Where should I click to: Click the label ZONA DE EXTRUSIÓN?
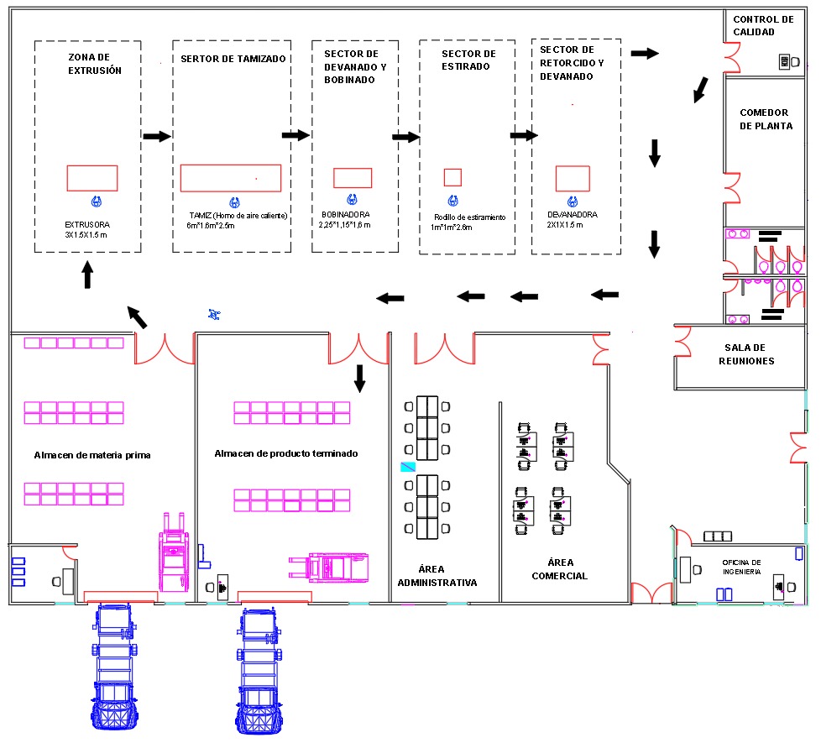pos(95,64)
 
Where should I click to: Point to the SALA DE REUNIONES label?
pos(746,354)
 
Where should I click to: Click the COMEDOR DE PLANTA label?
pos(766,119)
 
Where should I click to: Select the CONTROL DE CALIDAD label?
pos(763,26)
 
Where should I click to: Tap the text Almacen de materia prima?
pos(92,455)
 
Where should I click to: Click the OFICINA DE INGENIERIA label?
pos(741,567)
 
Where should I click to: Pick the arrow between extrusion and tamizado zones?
pos(157,136)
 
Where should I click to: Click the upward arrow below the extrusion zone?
pos(88,275)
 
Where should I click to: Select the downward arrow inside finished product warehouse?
pos(359,379)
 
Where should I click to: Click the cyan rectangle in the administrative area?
pos(408,467)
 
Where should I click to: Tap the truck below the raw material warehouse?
pos(115,667)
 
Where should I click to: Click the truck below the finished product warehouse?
pos(259,671)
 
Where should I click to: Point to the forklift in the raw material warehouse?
pos(174,552)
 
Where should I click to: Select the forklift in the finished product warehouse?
pos(329,568)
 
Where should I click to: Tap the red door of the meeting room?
pos(682,342)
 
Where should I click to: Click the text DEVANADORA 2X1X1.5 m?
pos(572,219)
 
